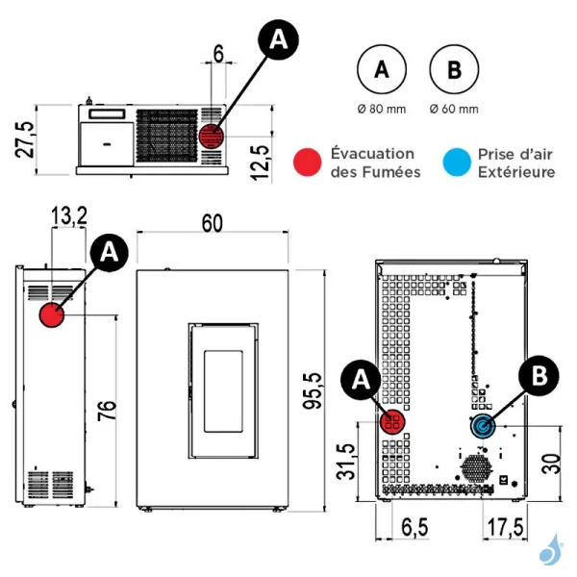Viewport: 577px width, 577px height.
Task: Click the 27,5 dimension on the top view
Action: pyautogui.click(x=25, y=139)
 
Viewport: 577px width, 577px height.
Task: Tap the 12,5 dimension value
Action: pyautogui.click(x=261, y=163)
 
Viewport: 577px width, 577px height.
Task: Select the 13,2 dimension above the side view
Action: pyautogui.click(x=69, y=215)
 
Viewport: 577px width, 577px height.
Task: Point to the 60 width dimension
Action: pyautogui.click(x=213, y=223)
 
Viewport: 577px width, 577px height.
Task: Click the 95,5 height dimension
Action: pyautogui.click(x=312, y=390)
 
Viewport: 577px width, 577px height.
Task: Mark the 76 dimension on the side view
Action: pyautogui.click(x=107, y=411)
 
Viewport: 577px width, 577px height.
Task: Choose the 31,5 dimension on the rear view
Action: pyautogui.click(x=346, y=462)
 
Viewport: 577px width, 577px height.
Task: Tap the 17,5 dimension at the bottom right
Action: pyautogui.click(x=505, y=527)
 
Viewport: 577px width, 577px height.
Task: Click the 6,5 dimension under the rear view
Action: pyautogui.click(x=414, y=527)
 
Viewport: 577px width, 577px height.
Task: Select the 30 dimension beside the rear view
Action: pyautogui.click(x=552, y=464)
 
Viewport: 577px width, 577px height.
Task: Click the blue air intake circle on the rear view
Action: pyautogui.click(x=483, y=426)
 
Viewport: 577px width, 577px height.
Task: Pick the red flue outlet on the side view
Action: pyautogui.click(x=52, y=314)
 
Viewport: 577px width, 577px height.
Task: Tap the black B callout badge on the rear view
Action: pyautogui.click(x=539, y=376)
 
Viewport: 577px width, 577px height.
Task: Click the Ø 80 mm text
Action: pyautogui.click(x=382, y=110)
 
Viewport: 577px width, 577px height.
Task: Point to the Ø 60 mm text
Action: pyautogui.click(x=454, y=110)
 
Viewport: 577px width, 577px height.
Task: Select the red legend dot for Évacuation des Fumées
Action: pyautogui.click(x=308, y=163)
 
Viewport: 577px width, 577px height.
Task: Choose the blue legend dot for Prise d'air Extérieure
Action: pyautogui.click(x=457, y=163)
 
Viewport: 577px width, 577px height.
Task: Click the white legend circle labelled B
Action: pyautogui.click(x=454, y=69)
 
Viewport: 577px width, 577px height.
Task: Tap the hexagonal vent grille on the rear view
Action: pyautogui.click(x=477, y=468)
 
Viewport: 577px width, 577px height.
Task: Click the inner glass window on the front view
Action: pyautogui.click(x=223, y=391)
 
